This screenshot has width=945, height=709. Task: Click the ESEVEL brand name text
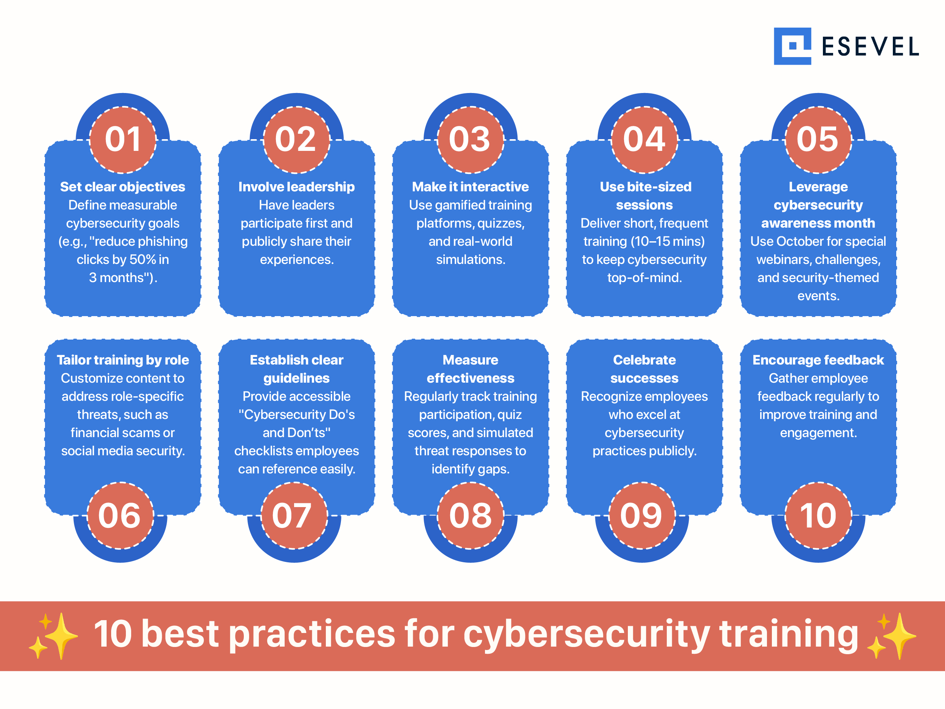870,47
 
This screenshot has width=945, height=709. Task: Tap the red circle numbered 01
122,140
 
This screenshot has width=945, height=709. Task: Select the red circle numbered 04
644,140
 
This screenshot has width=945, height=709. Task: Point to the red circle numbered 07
294,515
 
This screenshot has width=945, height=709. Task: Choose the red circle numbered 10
818,515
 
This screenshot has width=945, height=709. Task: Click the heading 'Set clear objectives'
122,187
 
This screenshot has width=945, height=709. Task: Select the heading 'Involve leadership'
296,187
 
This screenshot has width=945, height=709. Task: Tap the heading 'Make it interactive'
470,187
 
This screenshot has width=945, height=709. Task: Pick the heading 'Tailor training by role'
122,360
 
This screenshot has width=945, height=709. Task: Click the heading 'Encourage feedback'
818,360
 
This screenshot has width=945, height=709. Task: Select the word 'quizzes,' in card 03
501,223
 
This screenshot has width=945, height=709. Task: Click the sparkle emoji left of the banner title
53,636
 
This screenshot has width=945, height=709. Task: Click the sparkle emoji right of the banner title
892,636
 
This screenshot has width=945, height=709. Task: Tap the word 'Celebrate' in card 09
644,360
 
